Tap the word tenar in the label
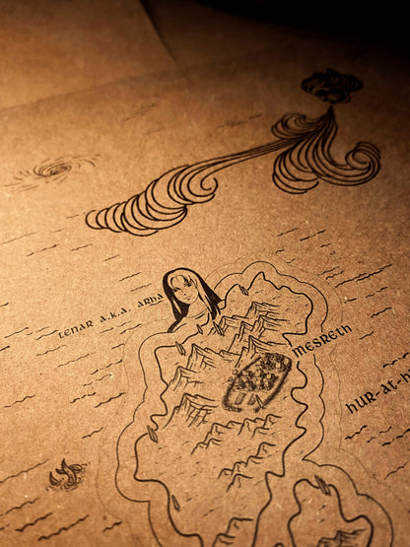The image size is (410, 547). [75, 326]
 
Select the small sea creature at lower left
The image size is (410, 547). [67, 474]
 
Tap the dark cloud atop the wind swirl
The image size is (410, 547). [331, 86]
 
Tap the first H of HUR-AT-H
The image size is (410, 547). [352, 405]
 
